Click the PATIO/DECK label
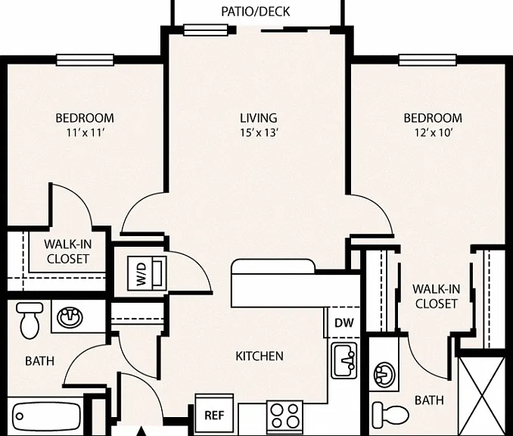coord(256,11)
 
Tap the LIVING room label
coord(259,118)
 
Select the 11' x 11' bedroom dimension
coord(85,133)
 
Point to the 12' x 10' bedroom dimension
coord(434,133)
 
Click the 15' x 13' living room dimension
coord(259,133)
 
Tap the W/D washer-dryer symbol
coord(147,273)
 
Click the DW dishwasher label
coord(344,323)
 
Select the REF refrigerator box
coord(214,413)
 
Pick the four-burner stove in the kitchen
coord(284,415)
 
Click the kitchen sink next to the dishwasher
coord(344,360)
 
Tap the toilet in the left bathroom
coord(30,320)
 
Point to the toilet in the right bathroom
coord(390,414)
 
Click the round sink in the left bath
coord(70,317)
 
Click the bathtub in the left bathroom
coord(46,416)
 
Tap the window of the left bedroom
coord(85,60)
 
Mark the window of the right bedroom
coord(427,60)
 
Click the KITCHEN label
coord(260,356)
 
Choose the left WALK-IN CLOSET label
coord(68,251)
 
